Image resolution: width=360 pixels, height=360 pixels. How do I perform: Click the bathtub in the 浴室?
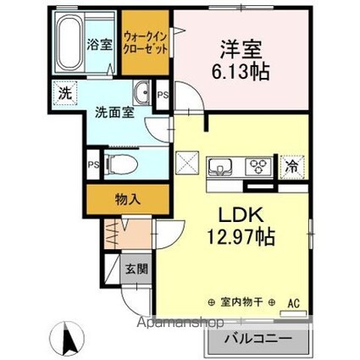[69, 42]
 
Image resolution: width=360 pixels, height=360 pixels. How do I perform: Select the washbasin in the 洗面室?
[141, 92]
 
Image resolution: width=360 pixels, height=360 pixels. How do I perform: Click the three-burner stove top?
[258, 167]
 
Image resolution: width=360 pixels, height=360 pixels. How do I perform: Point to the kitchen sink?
[220, 167]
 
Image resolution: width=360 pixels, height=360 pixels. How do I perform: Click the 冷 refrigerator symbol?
[291, 167]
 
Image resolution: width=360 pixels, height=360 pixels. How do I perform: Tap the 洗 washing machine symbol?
[64, 93]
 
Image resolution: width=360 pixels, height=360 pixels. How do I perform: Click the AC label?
[294, 304]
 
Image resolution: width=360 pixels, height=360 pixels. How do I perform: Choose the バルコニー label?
[258, 339]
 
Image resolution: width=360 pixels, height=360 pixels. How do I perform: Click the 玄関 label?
[136, 269]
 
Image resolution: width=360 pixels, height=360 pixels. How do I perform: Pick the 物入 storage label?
[128, 200]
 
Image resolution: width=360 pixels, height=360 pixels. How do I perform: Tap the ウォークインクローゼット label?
[146, 43]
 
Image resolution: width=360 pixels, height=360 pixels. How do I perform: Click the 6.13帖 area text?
[241, 72]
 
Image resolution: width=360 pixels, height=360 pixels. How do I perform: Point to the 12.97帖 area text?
[241, 236]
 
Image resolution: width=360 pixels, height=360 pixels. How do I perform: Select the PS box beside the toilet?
[93, 164]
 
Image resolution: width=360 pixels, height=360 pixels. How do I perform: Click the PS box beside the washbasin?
[163, 95]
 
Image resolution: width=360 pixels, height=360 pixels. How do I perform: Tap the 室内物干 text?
[241, 302]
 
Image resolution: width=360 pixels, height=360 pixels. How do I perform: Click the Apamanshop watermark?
[180, 322]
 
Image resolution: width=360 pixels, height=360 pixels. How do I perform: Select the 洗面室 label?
[114, 113]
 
